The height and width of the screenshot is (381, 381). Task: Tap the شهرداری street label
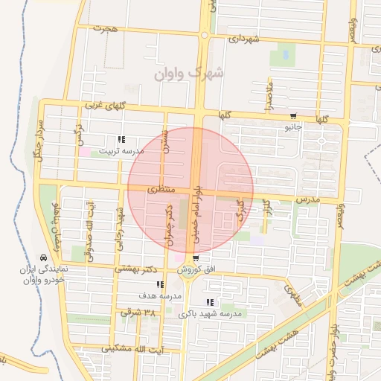point(244,38)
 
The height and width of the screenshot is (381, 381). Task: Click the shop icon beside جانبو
point(294,115)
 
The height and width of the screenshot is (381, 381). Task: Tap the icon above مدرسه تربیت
point(121,139)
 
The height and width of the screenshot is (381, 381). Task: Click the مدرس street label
point(307,201)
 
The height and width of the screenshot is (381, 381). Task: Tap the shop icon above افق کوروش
point(196,259)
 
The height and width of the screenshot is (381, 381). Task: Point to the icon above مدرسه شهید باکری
point(209,302)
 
